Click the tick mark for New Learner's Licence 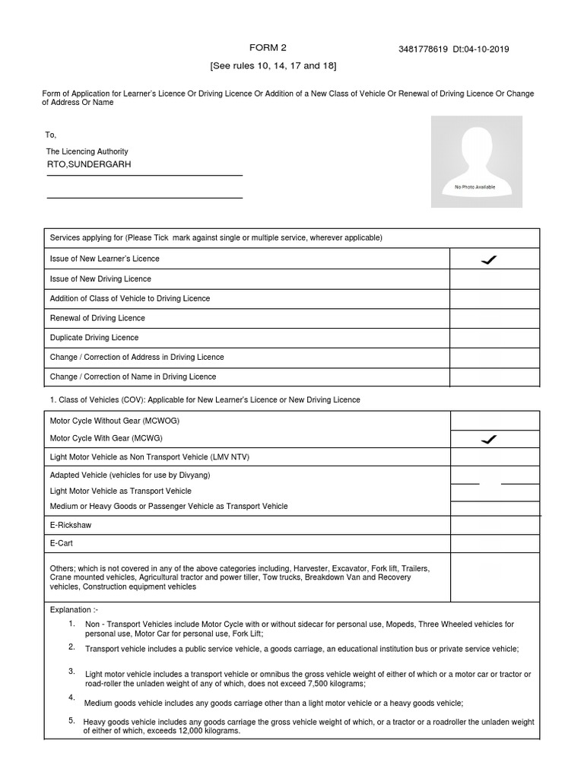tap(490, 260)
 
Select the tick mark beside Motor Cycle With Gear tap(490, 439)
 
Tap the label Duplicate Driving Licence tap(94, 338)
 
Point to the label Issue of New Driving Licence tap(100, 279)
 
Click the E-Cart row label tap(60, 544)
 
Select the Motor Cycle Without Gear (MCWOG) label tap(114, 420)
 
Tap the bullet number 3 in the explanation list tap(71, 671)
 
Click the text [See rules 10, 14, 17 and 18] tap(273, 67)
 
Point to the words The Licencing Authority tap(87, 151)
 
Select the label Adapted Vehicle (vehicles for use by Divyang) tap(130, 475)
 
